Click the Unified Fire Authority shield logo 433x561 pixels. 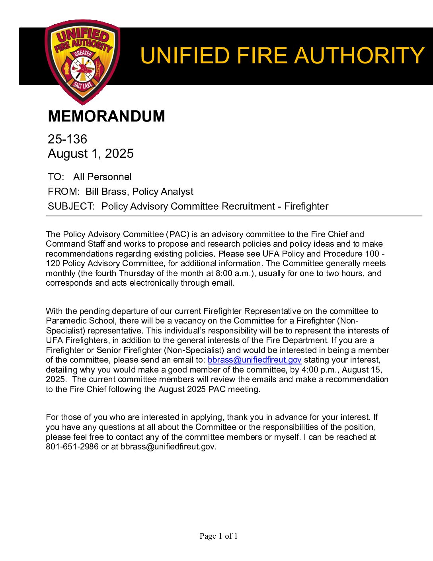click(82, 62)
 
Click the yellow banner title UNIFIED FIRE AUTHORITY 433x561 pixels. click(282, 55)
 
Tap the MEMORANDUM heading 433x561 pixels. click(106, 116)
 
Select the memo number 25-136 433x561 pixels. click(67, 139)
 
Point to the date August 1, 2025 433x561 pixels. click(91, 153)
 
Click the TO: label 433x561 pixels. click(56, 177)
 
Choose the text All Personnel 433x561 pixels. click(102, 177)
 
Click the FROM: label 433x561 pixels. click(64, 192)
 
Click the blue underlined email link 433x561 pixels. click(254, 360)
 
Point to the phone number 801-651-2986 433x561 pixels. click(72, 447)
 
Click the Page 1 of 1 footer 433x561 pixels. click(218, 536)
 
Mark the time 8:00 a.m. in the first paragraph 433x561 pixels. click(236, 273)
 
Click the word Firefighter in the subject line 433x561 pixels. click(306, 206)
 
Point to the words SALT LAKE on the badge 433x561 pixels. click(82, 85)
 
